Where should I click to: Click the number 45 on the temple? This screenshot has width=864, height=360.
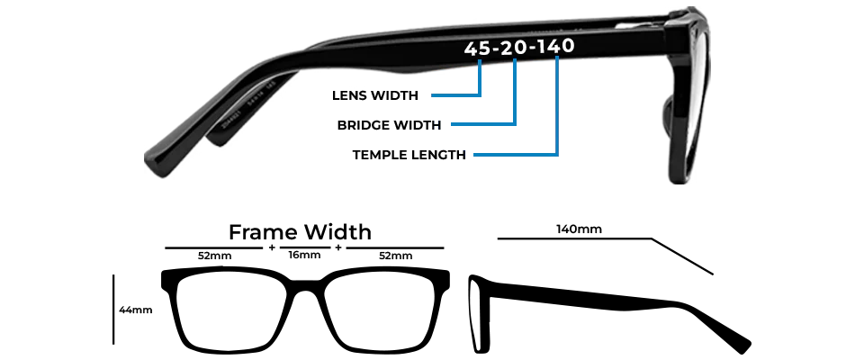tap(480, 48)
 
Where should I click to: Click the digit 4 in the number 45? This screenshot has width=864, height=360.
tap(472, 48)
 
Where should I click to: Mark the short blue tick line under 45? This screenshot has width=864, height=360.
tap(481, 65)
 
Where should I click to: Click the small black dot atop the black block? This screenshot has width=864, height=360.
tap(328, 219)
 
